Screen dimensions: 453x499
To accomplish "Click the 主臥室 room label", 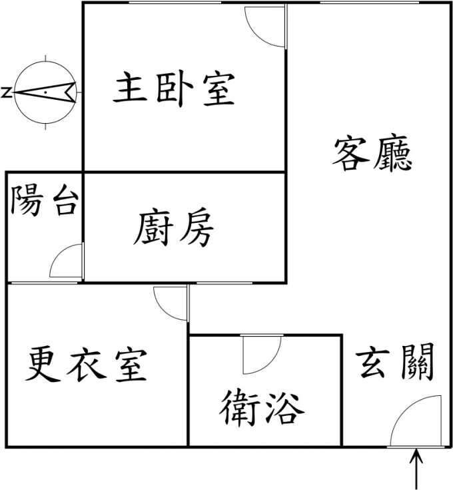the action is [x=175, y=89].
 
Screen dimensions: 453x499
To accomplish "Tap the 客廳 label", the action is [x=372, y=154].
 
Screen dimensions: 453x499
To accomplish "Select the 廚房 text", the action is [x=173, y=228].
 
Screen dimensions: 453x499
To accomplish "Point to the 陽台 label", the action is [x=45, y=200].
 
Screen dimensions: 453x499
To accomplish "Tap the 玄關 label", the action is [x=395, y=361].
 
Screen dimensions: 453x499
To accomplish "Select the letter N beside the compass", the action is [x=7, y=92].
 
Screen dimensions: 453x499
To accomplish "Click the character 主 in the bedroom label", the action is [x=130, y=87].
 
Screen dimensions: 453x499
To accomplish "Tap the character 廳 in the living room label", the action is [x=393, y=154].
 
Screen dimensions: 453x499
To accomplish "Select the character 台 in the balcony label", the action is [x=66, y=200].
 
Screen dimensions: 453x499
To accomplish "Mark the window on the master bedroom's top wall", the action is [x=175, y=3].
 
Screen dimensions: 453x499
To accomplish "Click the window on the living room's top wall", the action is [x=369, y=3].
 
